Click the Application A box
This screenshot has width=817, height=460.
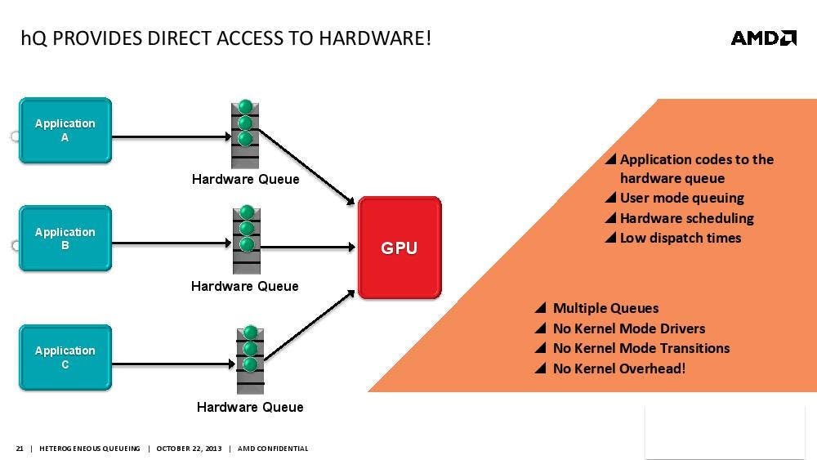(65, 131)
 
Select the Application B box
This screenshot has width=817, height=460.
(65, 239)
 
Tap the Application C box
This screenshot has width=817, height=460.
(65, 358)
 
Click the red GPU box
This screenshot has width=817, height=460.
(400, 248)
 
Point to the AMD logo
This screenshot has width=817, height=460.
(763, 38)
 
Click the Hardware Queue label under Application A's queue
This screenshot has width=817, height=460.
(245, 179)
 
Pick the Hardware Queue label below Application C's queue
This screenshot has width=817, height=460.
(250, 407)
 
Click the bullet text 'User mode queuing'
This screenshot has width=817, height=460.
(681, 198)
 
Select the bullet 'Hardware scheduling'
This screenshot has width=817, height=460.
(686, 218)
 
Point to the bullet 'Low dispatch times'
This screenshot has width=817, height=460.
(680, 238)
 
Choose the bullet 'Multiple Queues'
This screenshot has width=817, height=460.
(605, 308)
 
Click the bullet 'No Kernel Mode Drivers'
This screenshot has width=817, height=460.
(628, 328)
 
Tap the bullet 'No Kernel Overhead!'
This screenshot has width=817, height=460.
(618, 368)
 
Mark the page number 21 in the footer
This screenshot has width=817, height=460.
(20, 449)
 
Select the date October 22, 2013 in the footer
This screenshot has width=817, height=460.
(189, 449)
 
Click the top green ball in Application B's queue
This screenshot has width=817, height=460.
(247, 212)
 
